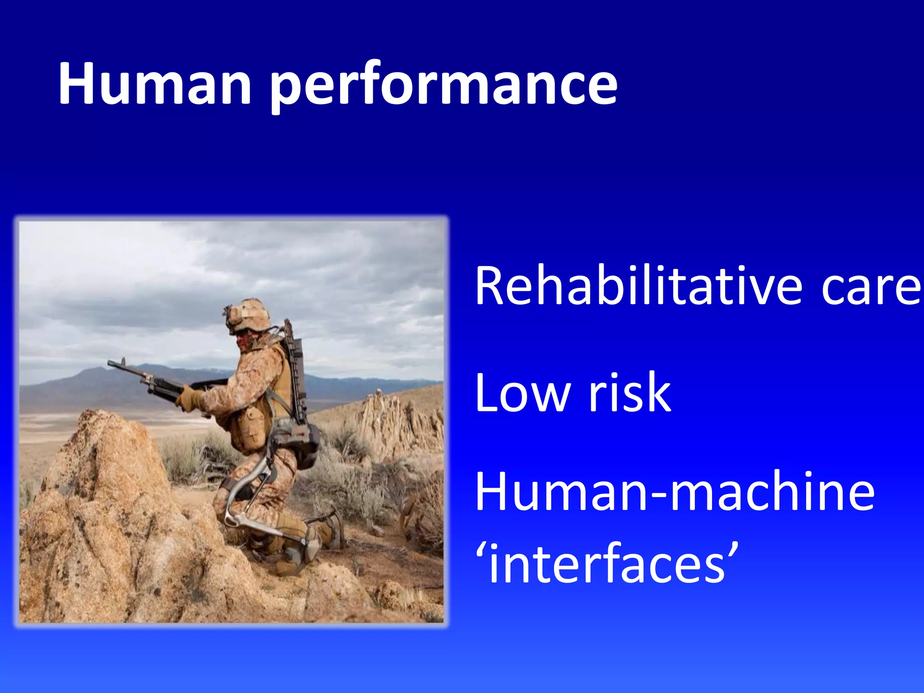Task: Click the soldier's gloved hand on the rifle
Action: coord(187,399)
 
